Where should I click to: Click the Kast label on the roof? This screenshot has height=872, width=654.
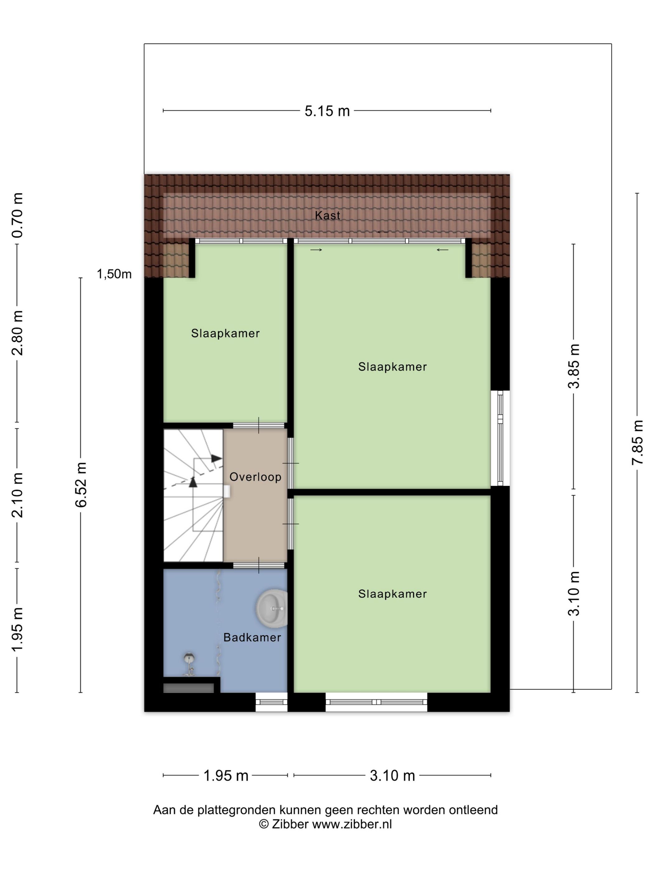[x=327, y=215]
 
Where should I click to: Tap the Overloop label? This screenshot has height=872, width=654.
[x=255, y=477]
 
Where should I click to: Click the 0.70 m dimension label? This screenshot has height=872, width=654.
[x=18, y=215]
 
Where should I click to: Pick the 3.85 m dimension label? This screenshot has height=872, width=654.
[x=574, y=366]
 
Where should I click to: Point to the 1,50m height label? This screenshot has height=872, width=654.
[x=114, y=274]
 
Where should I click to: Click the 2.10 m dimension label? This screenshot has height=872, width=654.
[x=18, y=495]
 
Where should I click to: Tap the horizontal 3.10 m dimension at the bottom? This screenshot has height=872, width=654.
[x=392, y=776]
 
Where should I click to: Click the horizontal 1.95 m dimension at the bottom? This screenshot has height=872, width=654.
[x=225, y=776]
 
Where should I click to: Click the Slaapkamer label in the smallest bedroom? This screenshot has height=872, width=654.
[x=225, y=334]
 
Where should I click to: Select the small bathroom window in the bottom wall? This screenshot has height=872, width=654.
[x=271, y=702]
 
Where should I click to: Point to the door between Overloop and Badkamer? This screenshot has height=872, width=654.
[x=258, y=565]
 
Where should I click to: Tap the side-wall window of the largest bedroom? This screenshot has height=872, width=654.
[x=500, y=438]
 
